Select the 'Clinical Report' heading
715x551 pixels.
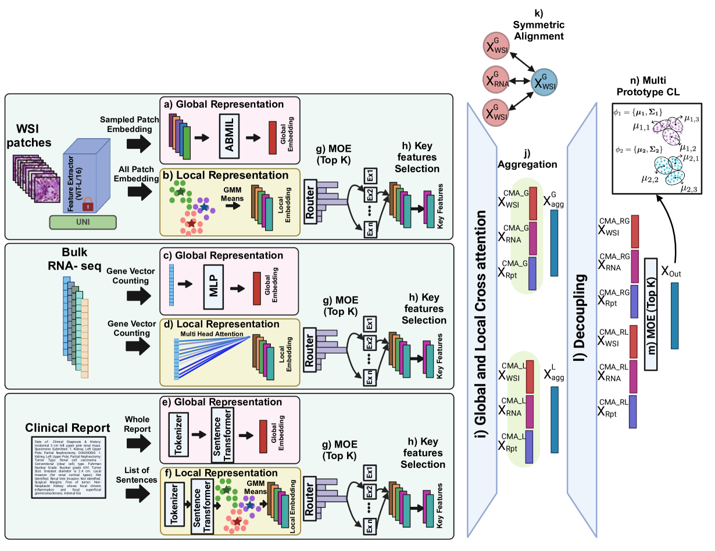point(68,428)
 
